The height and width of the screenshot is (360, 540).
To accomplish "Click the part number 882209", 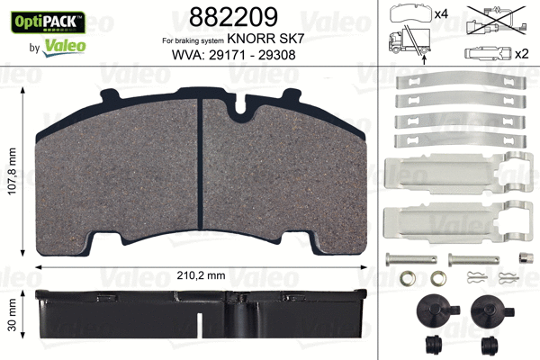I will (x=232, y=16).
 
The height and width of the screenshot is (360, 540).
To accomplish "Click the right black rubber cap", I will (x=489, y=311).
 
